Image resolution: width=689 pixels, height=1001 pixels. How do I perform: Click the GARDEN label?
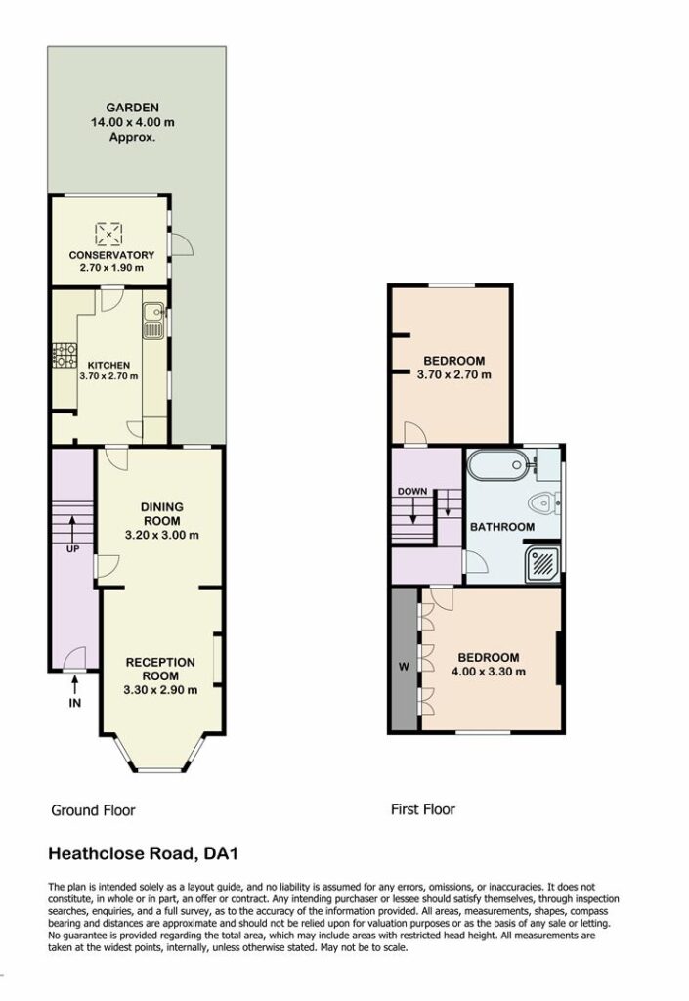(x=132, y=108)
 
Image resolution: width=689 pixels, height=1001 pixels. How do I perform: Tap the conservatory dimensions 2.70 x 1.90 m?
(x=111, y=268)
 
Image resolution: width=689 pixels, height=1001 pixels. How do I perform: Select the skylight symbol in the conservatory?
(x=109, y=235)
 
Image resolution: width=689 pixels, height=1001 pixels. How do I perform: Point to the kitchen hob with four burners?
(x=65, y=356)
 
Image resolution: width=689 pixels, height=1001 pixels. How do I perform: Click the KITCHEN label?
(x=108, y=366)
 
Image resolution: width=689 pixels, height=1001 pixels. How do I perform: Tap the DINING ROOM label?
(x=162, y=514)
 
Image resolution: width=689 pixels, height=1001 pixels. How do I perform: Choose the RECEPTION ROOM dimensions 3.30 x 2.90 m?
(x=160, y=690)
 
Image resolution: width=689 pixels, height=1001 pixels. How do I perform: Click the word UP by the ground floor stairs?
(x=72, y=549)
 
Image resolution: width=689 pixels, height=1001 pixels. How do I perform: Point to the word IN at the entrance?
(x=75, y=704)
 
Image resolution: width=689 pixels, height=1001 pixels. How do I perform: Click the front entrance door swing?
(x=74, y=658)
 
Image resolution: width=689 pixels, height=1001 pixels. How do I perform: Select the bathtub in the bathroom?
(x=498, y=464)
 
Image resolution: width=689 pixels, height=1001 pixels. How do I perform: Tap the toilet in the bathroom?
(x=543, y=503)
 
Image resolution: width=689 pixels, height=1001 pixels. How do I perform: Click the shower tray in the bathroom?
(x=543, y=563)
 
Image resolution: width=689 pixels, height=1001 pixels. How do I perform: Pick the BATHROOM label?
(x=502, y=527)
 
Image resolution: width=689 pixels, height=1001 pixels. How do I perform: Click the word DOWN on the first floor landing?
(x=412, y=492)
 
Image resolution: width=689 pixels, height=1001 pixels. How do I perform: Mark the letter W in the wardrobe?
(x=404, y=667)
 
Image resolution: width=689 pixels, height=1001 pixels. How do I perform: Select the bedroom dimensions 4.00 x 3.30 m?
(x=489, y=672)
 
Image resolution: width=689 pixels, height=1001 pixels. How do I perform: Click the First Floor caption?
(x=423, y=809)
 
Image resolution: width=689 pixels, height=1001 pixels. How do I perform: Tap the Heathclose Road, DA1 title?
(x=144, y=853)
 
